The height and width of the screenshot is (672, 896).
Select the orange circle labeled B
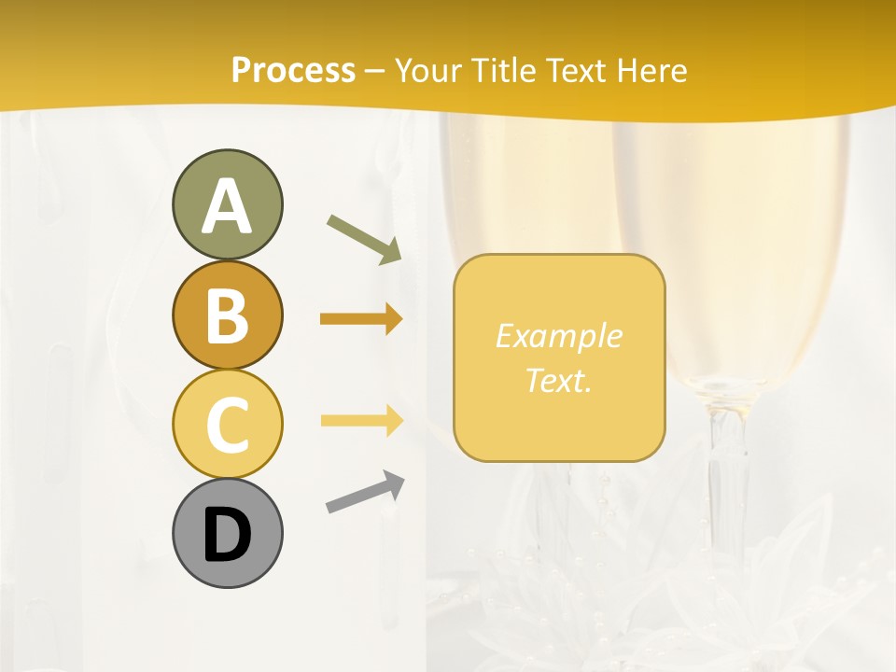pos(227,315)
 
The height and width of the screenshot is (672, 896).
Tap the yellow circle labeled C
pos(227,425)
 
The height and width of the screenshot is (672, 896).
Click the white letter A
pos(227,207)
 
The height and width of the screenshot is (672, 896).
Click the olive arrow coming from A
pos(364,238)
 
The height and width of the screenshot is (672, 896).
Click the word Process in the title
pos(293,71)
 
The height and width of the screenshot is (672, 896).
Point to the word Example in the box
pos(558,337)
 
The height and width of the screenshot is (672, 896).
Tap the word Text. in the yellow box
pos(558,381)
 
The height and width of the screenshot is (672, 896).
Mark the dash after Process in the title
pos(375,72)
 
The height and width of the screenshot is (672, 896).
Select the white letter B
pos(227,317)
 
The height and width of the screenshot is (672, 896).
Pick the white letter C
pos(227,426)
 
